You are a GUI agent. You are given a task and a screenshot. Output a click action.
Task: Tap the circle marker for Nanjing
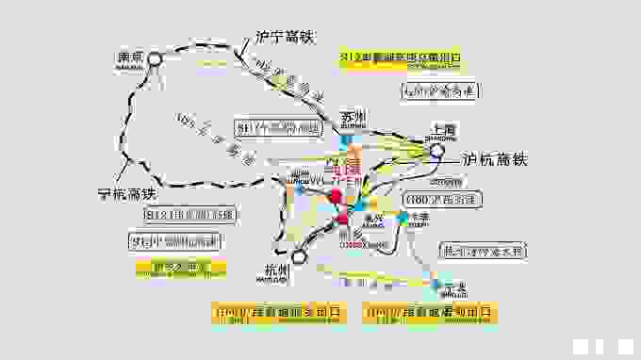click(x=155, y=58)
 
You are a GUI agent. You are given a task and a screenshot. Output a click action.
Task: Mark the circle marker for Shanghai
click(x=436, y=150)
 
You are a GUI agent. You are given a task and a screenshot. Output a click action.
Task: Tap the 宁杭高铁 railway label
click(x=129, y=193)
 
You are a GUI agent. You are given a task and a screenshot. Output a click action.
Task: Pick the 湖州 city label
click(x=301, y=175)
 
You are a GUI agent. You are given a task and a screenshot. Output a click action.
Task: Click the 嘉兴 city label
click(x=373, y=218)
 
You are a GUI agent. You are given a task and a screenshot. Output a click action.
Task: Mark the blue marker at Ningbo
click(x=436, y=283)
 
